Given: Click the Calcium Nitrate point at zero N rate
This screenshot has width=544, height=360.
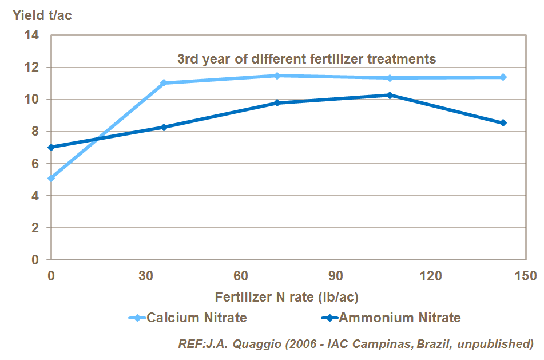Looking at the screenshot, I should (51, 178).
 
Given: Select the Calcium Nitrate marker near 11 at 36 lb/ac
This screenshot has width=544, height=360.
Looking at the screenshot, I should (164, 83).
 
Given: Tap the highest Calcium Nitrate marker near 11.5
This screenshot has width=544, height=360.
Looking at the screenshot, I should (277, 76).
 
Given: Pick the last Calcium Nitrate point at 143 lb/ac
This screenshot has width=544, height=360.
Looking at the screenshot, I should (503, 77).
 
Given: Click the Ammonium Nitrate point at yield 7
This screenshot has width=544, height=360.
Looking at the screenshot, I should (51, 147).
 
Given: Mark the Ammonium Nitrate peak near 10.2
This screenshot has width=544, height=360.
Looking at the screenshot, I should (390, 95).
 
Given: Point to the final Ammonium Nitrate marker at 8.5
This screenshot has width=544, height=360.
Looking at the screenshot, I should (503, 123).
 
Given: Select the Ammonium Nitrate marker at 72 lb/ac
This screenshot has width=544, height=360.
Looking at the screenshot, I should (277, 103).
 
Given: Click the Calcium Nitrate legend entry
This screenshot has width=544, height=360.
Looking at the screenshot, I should (189, 318).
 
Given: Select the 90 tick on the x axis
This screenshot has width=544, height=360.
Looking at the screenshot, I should (335, 276).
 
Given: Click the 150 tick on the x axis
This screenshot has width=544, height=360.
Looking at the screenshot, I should (525, 276).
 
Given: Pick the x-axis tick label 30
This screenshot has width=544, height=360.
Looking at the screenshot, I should (146, 276).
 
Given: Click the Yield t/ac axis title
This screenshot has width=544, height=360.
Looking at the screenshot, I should (42, 15).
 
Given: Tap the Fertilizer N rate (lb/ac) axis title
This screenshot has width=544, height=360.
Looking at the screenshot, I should (287, 298).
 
